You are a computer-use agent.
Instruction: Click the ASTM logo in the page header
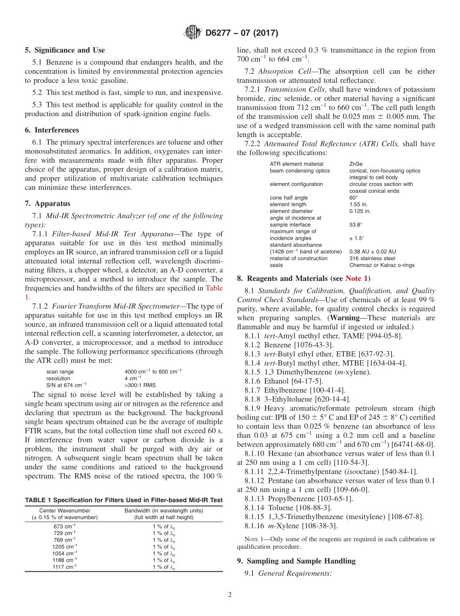tap(192, 33)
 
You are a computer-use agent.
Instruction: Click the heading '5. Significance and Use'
tap(65, 50)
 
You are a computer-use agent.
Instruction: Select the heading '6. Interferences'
tap(52, 130)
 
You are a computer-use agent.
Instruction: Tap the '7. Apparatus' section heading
tap(47, 203)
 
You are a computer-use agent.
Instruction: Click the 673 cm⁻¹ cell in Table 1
tap(64, 526)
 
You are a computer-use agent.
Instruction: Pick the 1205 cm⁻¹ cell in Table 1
tap(64, 546)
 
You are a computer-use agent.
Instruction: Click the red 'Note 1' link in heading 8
tap(357, 278)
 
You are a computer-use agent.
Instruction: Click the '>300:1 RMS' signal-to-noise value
tap(139, 385)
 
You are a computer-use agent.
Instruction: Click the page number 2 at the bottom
tap(230, 595)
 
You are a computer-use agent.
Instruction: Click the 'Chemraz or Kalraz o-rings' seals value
tap(382, 265)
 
